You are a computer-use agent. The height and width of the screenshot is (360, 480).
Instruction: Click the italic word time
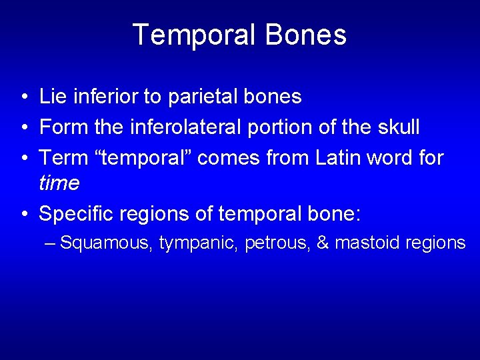pos(59,183)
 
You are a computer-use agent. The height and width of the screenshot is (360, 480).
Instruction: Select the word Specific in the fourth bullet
pos(73,213)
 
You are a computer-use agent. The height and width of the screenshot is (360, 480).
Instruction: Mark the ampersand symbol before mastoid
pos(323,243)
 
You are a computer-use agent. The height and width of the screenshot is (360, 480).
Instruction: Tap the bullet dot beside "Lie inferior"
pos(23,98)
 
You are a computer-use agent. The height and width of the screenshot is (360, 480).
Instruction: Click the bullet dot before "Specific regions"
pos(23,214)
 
